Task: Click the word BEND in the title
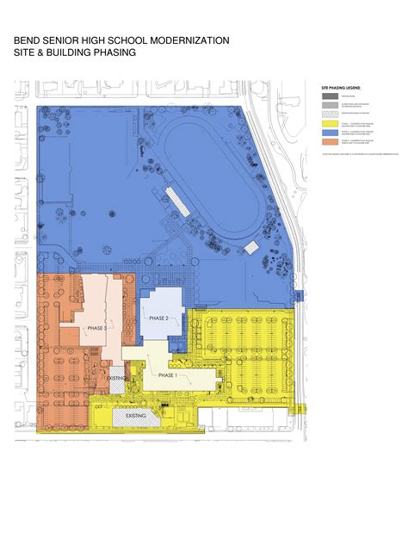point(28,40)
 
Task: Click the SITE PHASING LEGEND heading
point(340,88)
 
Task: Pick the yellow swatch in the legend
point(328,123)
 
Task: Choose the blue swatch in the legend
point(328,133)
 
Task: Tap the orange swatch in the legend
point(328,142)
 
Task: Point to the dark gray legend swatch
point(328,96)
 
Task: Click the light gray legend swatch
point(328,104)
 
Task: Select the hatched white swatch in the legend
point(328,114)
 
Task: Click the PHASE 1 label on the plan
point(167,375)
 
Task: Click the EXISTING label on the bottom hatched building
point(136,416)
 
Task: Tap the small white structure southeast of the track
point(252,248)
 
